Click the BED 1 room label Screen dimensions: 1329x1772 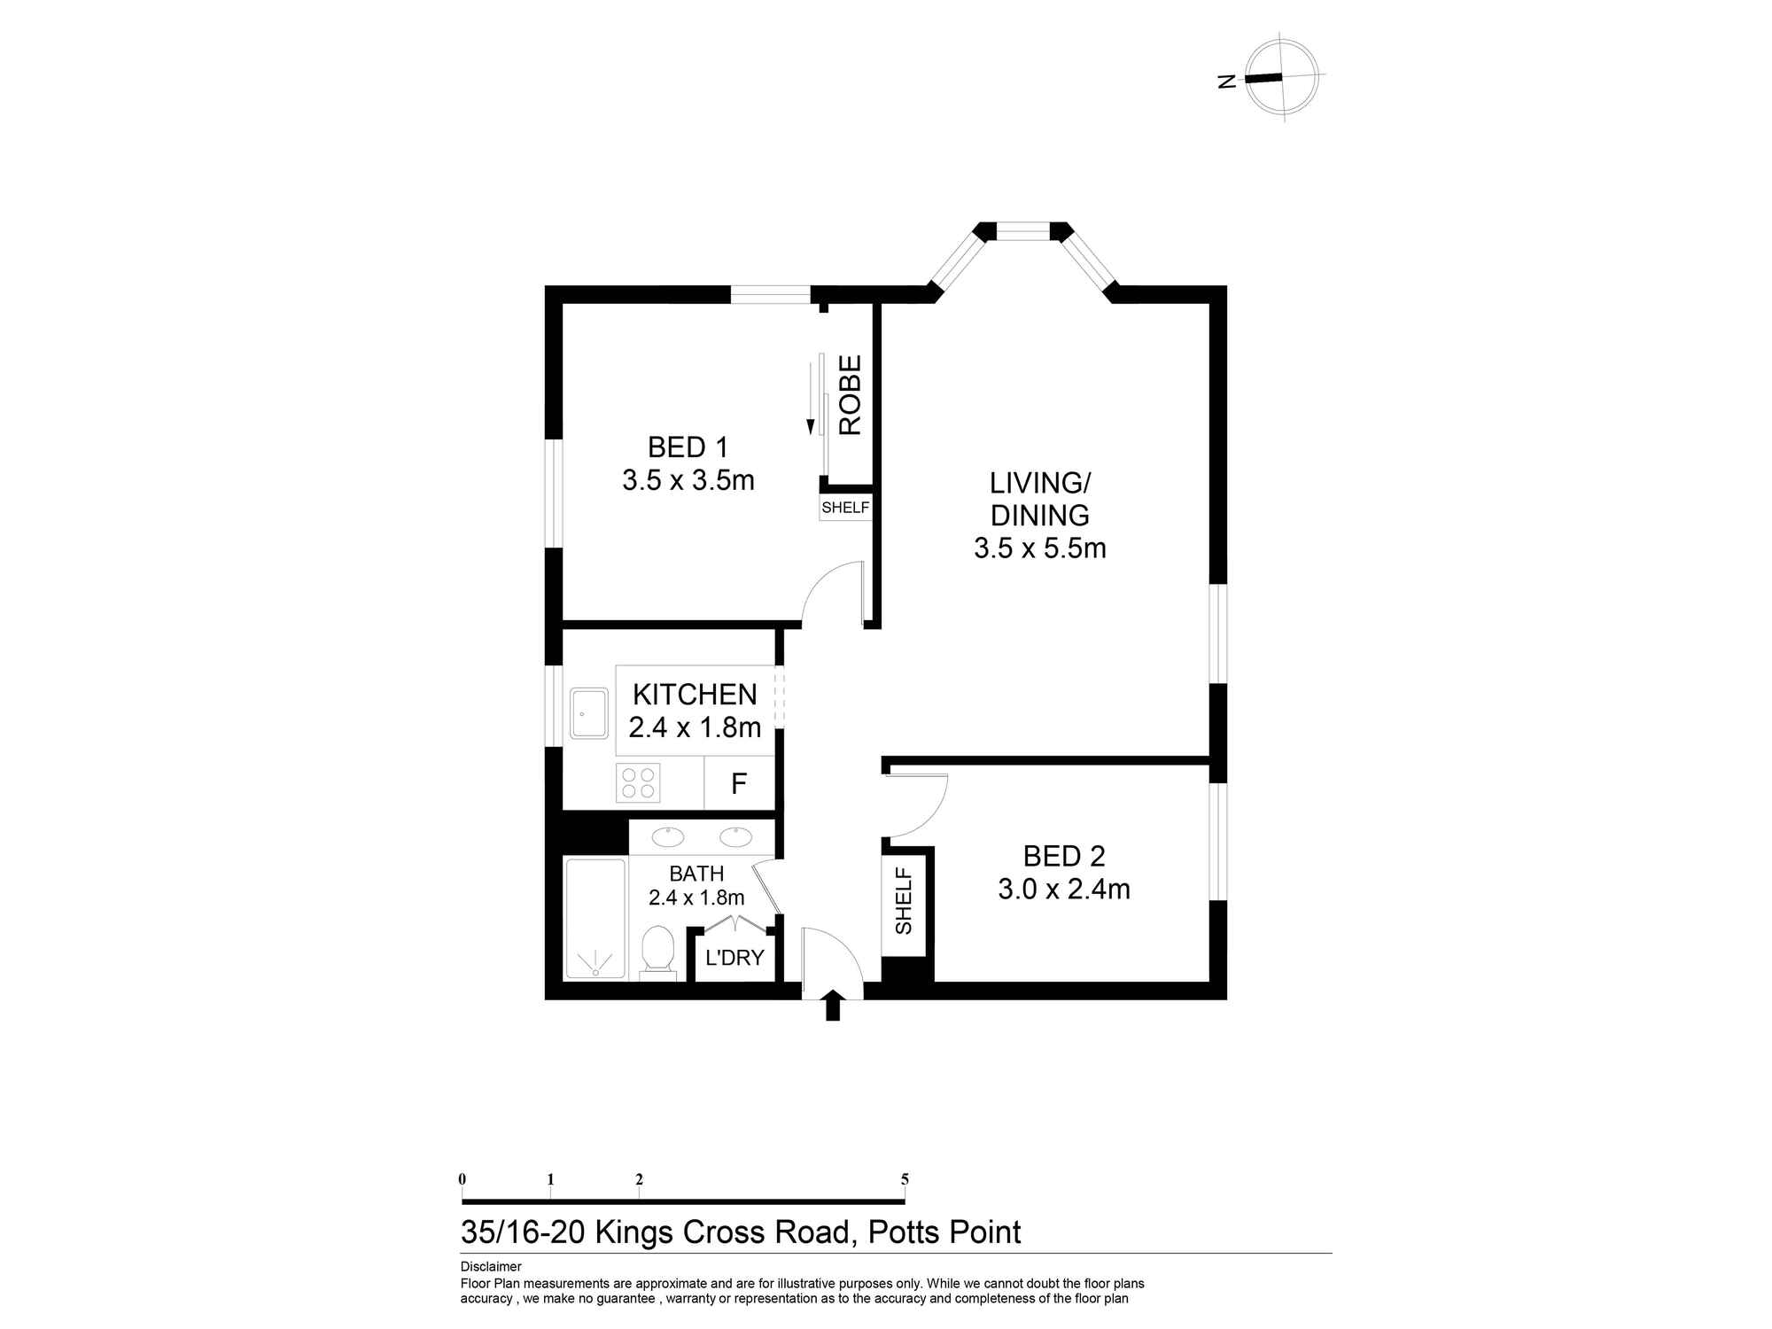pyautogui.click(x=688, y=447)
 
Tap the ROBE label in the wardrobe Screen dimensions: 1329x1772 pyautogui.click(x=850, y=395)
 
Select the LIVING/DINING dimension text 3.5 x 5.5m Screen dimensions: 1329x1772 pyautogui.click(x=1040, y=548)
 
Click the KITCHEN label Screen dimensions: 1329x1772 pyautogui.click(x=695, y=695)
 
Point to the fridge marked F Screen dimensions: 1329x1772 pyautogui.click(x=739, y=783)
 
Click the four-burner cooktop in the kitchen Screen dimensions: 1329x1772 pyautogui.click(x=638, y=782)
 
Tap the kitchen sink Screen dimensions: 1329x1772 pyautogui.click(x=589, y=713)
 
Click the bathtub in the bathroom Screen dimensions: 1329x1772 pyautogui.click(x=595, y=918)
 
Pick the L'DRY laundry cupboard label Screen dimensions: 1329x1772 pyautogui.click(x=734, y=958)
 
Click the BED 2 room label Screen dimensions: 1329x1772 pyautogui.click(x=1064, y=856)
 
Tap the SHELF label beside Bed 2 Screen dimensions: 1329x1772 pyautogui.click(x=904, y=900)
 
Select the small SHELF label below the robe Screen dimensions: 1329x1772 pyautogui.click(x=845, y=509)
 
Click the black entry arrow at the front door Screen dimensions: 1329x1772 pyautogui.click(x=832, y=1006)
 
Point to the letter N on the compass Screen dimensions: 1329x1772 pyautogui.click(x=1227, y=82)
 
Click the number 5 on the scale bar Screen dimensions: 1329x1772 pyautogui.click(x=905, y=1179)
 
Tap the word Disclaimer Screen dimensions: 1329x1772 pyautogui.click(x=491, y=1267)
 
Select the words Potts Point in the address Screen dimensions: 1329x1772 pyautogui.click(x=944, y=1232)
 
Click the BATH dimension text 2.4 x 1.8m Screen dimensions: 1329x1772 pyautogui.click(x=696, y=898)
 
